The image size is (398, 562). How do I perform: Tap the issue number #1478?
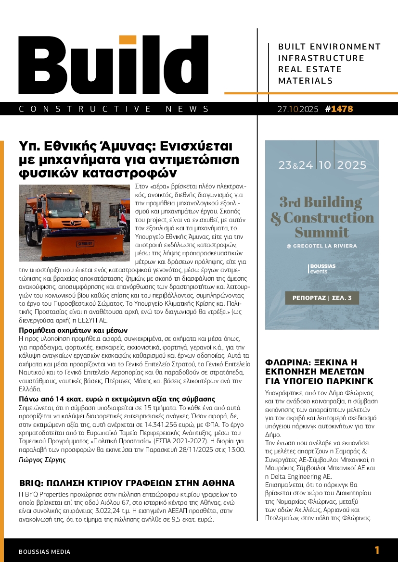click(339, 109)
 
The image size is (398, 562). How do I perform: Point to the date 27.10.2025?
click(297, 109)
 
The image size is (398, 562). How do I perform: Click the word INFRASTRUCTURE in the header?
click(321, 58)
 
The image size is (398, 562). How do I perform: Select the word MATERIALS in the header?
click(306, 81)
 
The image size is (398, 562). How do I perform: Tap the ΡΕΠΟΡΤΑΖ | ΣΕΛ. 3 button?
click(322, 298)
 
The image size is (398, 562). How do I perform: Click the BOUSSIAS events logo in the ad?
click(322, 268)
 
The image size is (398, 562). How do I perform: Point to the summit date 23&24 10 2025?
click(322, 165)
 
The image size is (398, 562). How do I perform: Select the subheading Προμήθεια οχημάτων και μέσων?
click(73, 330)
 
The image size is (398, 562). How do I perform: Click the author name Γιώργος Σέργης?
click(42, 460)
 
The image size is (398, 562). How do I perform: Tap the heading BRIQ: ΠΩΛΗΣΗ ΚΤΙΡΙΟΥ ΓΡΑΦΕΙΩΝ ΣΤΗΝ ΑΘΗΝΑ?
click(127, 483)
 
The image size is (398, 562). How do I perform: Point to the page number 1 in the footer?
click(377, 550)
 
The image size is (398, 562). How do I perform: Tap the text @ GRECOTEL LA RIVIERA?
click(322, 246)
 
